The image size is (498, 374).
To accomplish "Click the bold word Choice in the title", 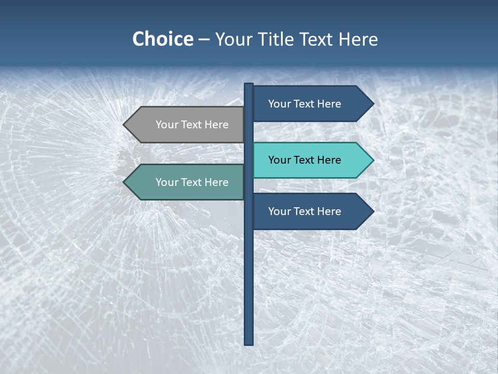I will click(x=162, y=39).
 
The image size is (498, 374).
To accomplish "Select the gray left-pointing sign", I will click(x=187, y=125).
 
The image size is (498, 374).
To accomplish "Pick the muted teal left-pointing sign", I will click(x=187, y=182).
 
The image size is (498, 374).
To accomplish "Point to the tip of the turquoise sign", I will click(x=372, y=160).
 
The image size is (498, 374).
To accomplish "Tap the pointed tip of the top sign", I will click(x=372, y=104).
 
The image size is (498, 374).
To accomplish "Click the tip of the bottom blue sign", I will click(x=372, y=211).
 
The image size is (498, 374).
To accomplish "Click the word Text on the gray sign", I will click(x=192, y=125).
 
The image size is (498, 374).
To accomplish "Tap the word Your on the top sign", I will click(x=280, y=104).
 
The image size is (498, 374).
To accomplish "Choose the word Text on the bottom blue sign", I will click(x=305, y=211).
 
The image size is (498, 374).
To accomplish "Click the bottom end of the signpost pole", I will click(x=248, y=343).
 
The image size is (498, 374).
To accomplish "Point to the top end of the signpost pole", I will click(x=248, y=85).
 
